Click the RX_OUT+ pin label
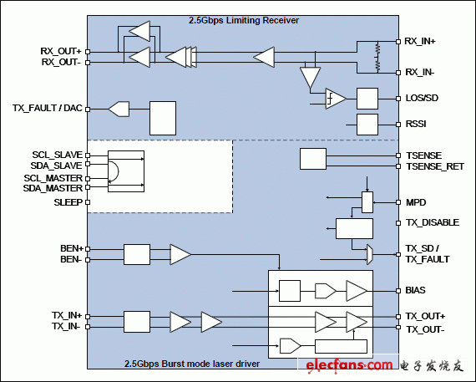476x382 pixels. (61, 51)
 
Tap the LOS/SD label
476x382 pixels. (422, 99)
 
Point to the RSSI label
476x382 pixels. (417, 125)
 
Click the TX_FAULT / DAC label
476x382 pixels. (48, 108)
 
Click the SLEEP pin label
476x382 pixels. (68, 202)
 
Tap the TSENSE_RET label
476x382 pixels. (433, 166)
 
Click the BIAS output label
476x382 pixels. (416, 291)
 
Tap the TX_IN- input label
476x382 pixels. (66, 327)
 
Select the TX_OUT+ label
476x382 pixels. (425, 317)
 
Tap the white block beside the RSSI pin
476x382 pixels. (367, 125)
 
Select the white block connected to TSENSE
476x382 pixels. (312, 159)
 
